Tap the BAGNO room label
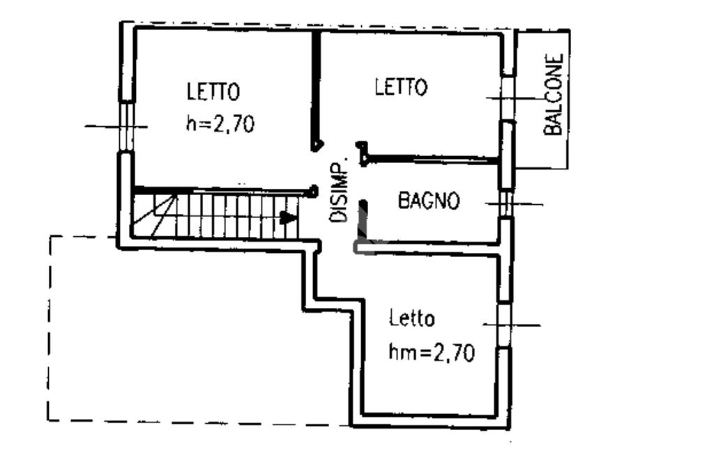[429, 201]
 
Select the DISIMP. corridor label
[339, 192]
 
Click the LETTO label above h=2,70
[213, 91]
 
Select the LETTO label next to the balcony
[401, 87]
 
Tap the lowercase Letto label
[412, 318]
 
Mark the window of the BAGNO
[507, 204]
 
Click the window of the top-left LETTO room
[126, 126]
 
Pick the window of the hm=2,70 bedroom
[505, 324]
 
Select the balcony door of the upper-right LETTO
[508, 98]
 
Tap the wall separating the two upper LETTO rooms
[315, 87]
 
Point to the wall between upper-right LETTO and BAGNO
[432, 160]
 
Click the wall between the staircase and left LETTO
[223, 189]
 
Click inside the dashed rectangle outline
[174, 335]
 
